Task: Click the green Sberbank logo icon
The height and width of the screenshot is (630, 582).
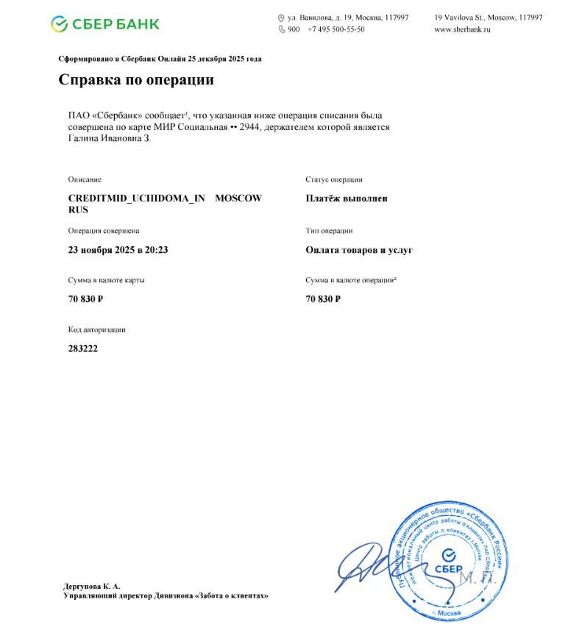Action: coord(60,24)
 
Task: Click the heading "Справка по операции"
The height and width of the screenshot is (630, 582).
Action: coord(136,80)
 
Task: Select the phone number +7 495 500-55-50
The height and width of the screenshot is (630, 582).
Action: coord(336,29)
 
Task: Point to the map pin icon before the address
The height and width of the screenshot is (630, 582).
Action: coord(281,18)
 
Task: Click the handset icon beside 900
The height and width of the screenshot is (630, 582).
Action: coord(281,29)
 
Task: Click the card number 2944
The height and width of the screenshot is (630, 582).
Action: coord(250,127)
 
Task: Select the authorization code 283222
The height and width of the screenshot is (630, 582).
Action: coord(83,348)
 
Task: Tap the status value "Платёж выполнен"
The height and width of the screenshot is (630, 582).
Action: coord(347,198)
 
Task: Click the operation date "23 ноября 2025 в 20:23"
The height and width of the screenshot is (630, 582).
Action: coord(118,250)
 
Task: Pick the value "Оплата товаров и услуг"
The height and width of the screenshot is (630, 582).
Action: coord(359,250)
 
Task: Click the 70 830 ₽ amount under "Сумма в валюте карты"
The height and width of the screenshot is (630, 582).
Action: coord(85,299)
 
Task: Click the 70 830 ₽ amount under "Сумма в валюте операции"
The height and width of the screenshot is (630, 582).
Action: coord(323,299)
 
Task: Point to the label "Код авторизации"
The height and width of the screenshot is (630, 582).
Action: coord(97,330)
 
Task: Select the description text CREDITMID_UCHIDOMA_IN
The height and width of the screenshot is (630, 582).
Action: coord(136,198)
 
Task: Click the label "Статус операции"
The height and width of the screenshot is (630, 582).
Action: coord(334,179)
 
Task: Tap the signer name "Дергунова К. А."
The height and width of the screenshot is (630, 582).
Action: coord(92,586)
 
